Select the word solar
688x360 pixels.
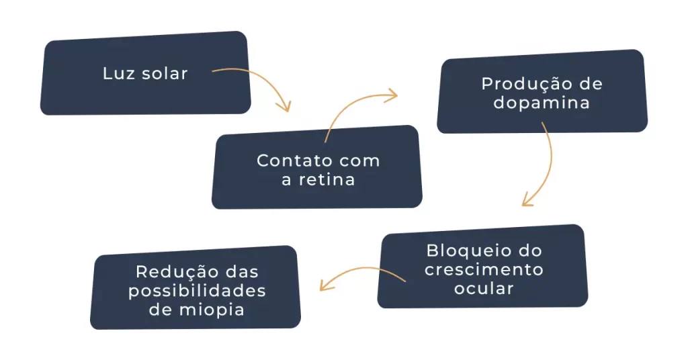click(x=165, y=74)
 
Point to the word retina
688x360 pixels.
click(x=328, y=180)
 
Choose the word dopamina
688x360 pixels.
click(x=542, y=103)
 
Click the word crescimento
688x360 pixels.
click(x=484, y=270)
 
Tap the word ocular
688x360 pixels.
click(x=484, y=289)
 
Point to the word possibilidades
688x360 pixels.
click(x=197, y=291)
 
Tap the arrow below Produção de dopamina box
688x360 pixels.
click(x=542, y=168)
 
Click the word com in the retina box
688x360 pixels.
click(x=359, y=161)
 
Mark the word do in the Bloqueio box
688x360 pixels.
click(x=531, y=251)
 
